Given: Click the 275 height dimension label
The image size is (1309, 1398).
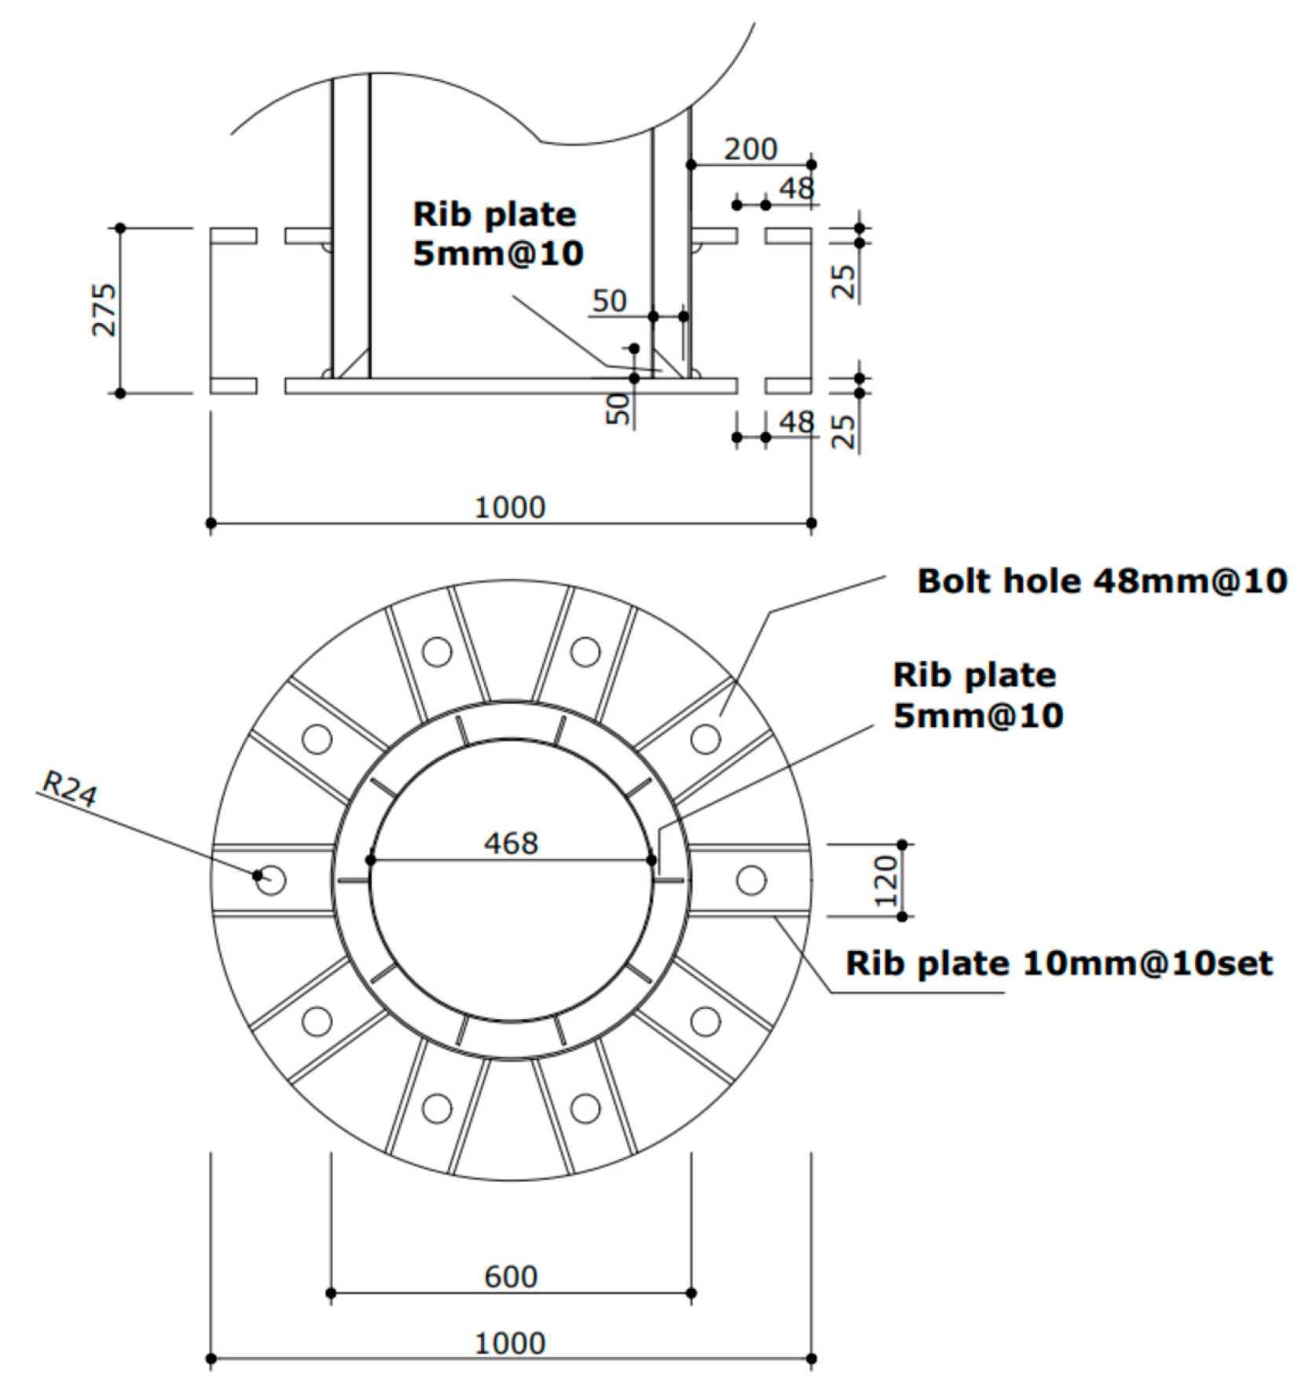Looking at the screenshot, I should (x=104, y=310).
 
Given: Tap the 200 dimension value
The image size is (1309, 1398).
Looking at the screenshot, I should (x=750, y=149).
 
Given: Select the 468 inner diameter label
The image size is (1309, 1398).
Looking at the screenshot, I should (x=511, y=844).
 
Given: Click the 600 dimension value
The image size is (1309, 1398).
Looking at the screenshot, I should (x=511, y=1277).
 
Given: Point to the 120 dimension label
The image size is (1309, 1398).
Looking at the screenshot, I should (x=885, y=881).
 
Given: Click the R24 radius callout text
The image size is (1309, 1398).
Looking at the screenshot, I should (x=69, y=789).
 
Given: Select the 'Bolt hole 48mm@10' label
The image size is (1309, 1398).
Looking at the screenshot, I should (x=1102, y=582).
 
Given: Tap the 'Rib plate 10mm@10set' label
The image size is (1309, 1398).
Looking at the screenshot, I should (x=1058, y=963).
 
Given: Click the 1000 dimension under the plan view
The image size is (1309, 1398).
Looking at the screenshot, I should (x=510, y=1344).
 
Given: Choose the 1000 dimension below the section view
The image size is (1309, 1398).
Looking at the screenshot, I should (x=510, y=508).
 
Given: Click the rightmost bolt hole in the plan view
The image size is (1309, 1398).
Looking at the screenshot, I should (x=751, y=880).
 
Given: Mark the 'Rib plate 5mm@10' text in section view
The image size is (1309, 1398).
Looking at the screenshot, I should (x=497, y=234).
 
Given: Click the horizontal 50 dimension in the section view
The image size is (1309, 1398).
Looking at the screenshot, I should (x=609, y=301).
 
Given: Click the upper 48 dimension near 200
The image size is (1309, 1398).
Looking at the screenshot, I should (x=797, y=189).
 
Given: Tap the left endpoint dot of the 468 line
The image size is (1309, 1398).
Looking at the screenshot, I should (x=371, y=860).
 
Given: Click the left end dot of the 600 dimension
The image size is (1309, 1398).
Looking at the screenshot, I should (x=331, y=1293).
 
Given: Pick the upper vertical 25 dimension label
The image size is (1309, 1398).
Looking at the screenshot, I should (x=842, y=281).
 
